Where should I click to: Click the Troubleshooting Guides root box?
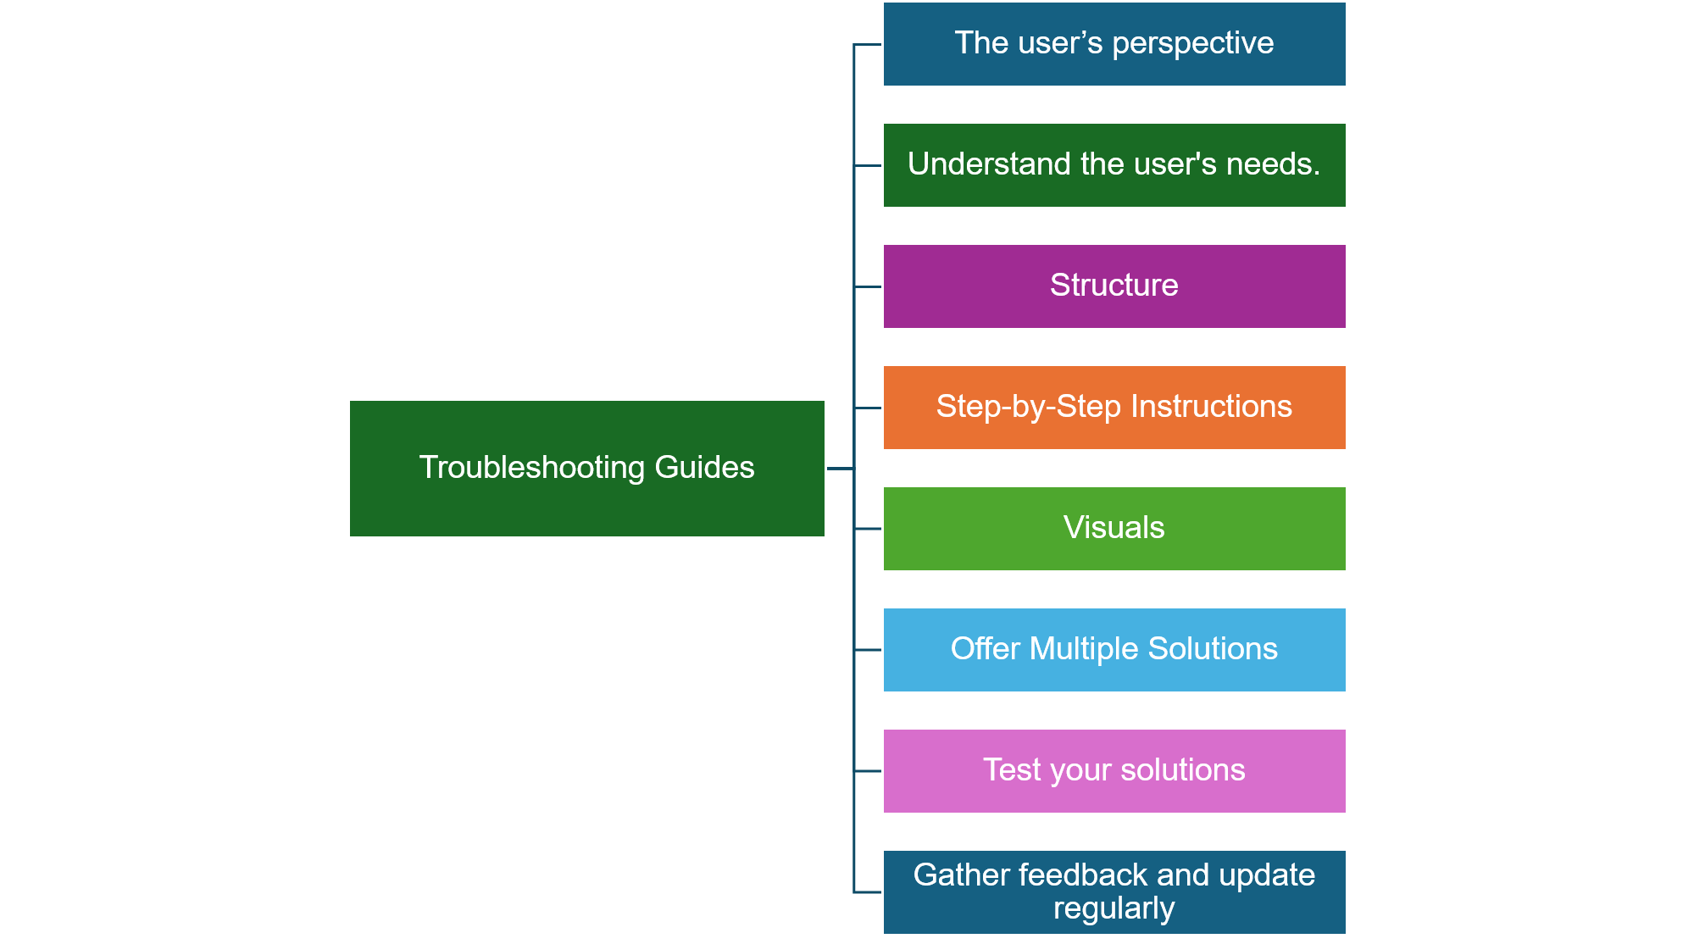[586, 469]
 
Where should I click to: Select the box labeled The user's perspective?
[1114, 44]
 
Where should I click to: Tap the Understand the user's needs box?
[1114, 165]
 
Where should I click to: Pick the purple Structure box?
[1114, 286]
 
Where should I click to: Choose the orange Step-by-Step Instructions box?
[1114, 408]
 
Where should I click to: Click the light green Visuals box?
[1114, 529]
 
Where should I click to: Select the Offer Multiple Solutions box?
[1114, 650]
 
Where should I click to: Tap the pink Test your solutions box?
[1114, 771]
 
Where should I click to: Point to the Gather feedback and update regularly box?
[1114, 892]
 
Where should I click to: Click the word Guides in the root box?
[704, 468]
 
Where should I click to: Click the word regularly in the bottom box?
[1114, 909]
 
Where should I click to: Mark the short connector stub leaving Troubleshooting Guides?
[840, 469]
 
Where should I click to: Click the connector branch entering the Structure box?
[868, 286]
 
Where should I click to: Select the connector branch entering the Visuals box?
[868, 529]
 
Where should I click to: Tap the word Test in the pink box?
[1012, 770]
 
